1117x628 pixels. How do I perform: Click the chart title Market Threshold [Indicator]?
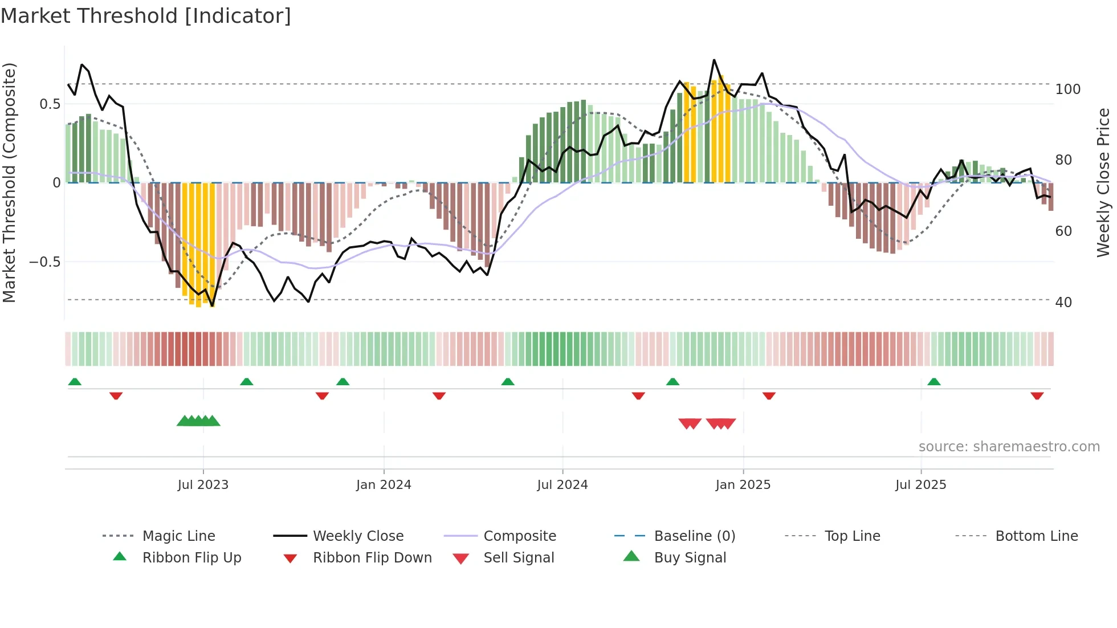[146, 16]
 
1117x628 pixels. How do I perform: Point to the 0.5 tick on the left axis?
[50, 104]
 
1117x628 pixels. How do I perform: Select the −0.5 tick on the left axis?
[45, 262]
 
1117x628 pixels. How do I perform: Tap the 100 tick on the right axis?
[1067, 89]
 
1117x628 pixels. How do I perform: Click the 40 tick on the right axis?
[1063, 303]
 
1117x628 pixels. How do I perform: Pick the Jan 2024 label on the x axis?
[384, 485]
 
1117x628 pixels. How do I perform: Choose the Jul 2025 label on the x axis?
[920, 485]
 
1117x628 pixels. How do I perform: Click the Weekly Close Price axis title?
[1103, 182]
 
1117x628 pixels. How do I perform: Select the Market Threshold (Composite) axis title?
[9, 182]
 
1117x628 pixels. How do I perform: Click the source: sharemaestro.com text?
[1009, 447]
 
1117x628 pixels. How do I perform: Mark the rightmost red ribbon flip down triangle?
[1037, 395]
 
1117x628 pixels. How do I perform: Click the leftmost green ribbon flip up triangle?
[75, 382]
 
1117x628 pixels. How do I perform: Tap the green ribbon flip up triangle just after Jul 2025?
[933, 382]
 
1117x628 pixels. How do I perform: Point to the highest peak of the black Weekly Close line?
[714, 60]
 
